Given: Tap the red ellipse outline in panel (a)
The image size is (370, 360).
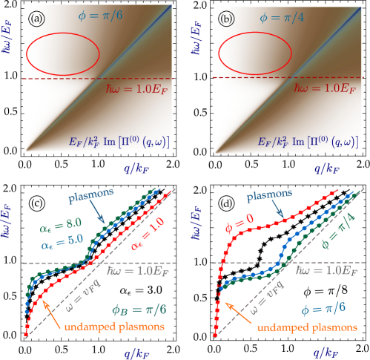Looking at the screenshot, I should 63,36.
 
